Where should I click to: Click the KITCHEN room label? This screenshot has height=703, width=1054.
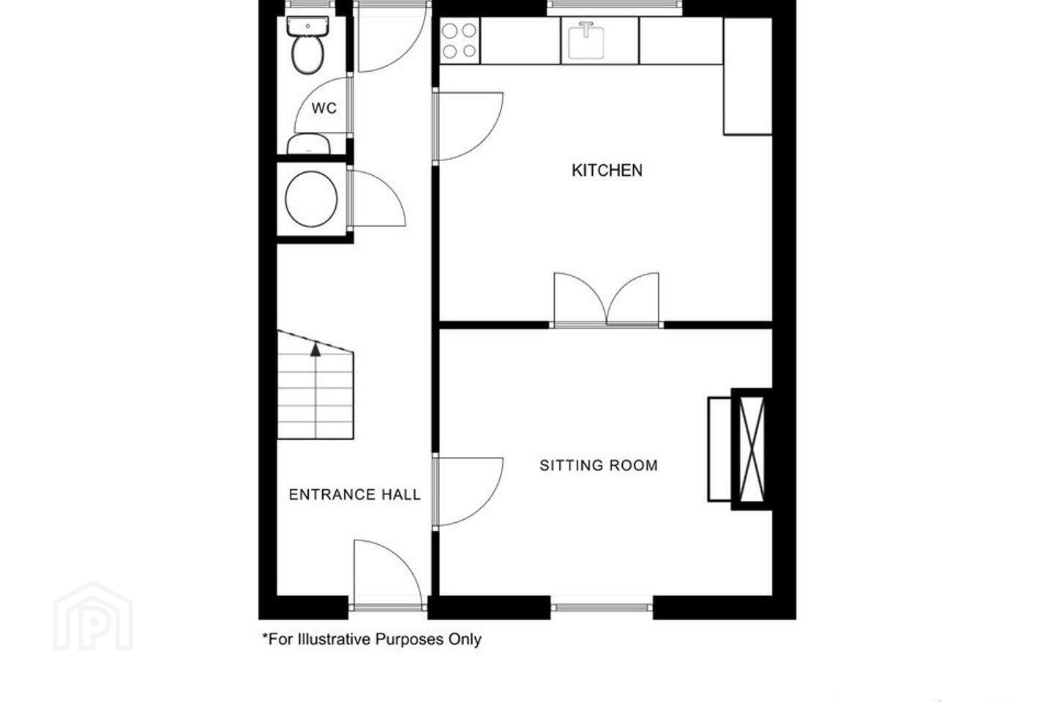(607, 170)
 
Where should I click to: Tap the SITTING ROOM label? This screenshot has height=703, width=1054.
(599, 465)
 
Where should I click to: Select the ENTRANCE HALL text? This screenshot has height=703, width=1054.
(355, 494)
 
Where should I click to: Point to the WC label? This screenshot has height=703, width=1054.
(324, 108)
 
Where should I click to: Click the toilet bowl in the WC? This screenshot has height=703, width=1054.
(307, 55)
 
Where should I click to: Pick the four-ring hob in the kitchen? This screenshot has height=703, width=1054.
(460, 41)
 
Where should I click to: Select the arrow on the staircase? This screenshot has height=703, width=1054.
(315, 349)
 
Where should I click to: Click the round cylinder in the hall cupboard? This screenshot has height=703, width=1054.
(311, 198)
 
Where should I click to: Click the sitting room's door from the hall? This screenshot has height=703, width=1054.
(468, 491)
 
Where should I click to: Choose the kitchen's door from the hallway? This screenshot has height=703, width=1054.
(468, 126)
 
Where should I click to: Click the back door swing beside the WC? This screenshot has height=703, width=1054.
(392, 37)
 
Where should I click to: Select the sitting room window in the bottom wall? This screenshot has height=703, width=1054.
(602, 607)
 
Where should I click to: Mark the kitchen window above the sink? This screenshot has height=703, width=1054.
(615, 5)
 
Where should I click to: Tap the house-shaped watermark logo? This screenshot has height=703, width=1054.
(93, 616)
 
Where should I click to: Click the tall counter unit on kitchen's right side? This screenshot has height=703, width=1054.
(748, 76)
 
